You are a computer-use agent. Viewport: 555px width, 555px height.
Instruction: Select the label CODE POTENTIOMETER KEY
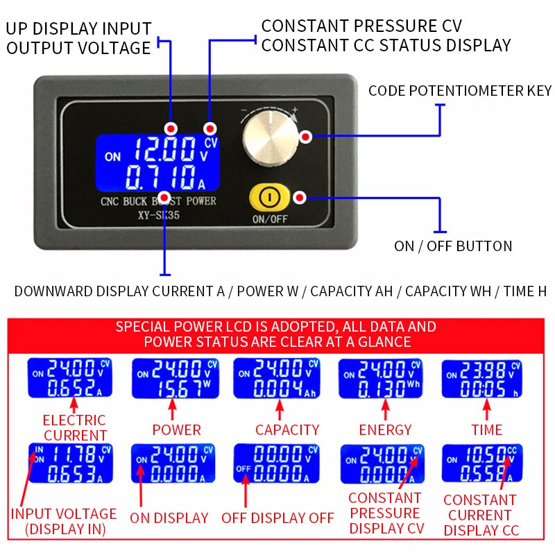459,91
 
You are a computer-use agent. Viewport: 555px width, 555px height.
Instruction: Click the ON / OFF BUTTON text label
453,246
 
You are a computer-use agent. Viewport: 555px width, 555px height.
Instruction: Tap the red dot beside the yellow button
300,198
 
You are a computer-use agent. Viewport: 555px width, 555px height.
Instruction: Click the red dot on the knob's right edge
305,137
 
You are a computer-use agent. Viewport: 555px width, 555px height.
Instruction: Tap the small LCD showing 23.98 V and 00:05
481,378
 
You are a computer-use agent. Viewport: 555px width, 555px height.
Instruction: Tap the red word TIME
486,429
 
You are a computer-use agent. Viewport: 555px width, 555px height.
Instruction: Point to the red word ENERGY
385,429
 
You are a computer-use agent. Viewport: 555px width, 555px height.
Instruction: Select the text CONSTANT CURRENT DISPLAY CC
479,515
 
